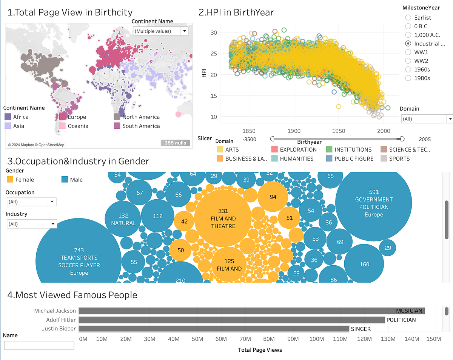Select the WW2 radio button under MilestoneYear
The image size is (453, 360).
tap(408, 61)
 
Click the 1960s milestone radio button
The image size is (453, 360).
tap(408, 69)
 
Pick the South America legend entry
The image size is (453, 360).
tap(140, 126)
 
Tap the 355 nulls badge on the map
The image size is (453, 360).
tap(175, 143)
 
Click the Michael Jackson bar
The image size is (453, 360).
tap(251, 311)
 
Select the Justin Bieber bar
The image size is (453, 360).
tap(214, 329)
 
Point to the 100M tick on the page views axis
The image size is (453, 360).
tap(316, 339)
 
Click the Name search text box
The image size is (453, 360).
tap(39, 345)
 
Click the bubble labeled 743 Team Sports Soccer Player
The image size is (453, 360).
tap(79, 257)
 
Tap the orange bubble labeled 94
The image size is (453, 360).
tap(273, 197)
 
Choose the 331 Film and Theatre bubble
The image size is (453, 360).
tap(223, 218)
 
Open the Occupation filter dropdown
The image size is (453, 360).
tap(31, 202)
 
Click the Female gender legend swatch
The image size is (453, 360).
tap(10, 180)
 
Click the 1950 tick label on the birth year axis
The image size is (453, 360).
tap(339, 131)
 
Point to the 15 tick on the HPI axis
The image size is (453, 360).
tap(213, 96)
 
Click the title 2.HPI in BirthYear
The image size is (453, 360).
tap(236, 12)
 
